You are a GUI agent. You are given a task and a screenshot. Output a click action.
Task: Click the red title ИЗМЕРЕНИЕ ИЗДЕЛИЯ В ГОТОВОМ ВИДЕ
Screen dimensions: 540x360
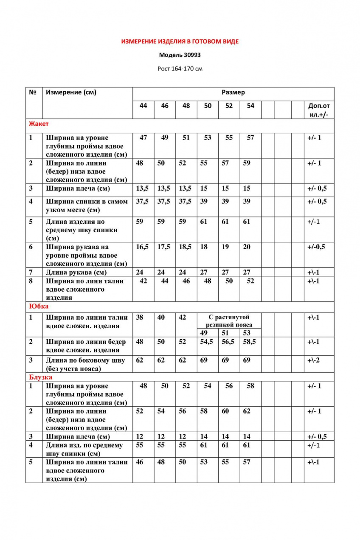pos(180,42)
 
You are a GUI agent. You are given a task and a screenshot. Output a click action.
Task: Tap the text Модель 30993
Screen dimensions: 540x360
pos(180,55)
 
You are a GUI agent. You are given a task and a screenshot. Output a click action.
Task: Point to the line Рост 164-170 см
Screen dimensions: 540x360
pos(180,68)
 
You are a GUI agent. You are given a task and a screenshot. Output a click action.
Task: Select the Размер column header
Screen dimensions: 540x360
pos(233,92)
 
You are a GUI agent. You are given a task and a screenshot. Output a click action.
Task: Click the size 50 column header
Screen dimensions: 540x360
pos(208,106)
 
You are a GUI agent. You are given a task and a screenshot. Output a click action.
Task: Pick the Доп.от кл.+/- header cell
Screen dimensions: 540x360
pos(318,110)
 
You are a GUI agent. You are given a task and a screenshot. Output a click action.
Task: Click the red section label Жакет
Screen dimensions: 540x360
pos(39,124)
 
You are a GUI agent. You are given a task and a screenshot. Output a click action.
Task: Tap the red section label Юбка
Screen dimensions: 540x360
pos(39,306)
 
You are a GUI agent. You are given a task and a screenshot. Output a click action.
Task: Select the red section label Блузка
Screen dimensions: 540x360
pos(41,377)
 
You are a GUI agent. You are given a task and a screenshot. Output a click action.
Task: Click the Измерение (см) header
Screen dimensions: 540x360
pos(71,92)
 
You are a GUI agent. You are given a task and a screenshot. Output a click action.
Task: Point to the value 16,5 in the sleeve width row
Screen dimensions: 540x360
pos(142,247)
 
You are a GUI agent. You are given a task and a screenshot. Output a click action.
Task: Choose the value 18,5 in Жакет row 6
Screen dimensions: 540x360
pos(185,247)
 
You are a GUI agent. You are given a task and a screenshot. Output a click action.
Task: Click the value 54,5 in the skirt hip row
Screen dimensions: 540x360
pos(207,342)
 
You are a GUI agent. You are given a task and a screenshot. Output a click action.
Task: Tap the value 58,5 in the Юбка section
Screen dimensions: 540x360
pos(250,342)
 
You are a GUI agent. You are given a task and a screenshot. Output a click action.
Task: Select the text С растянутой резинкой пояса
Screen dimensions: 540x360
pos(229,321)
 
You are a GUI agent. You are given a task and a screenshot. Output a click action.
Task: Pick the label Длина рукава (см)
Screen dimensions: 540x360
pos(76,273)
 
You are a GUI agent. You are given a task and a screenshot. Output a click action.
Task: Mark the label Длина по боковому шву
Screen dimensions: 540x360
pos(85,360)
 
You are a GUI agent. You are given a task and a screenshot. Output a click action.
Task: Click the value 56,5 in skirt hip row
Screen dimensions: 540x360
pos(229,342)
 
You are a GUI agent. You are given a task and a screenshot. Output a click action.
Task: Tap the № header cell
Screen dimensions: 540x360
pos(33,92)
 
